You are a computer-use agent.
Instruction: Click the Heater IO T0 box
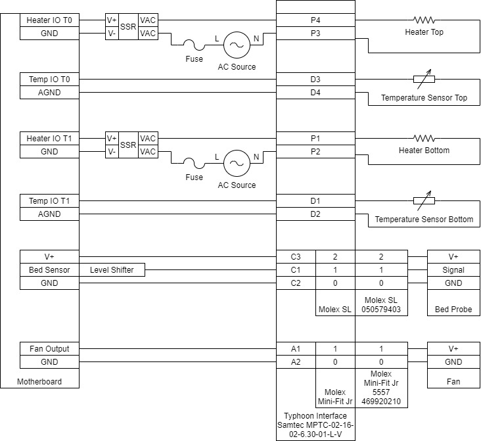49,20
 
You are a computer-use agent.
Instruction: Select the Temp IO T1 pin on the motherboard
49,200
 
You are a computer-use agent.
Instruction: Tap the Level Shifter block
112,270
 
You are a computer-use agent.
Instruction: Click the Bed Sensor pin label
49,270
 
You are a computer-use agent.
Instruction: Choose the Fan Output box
49,349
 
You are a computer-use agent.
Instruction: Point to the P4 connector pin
315,20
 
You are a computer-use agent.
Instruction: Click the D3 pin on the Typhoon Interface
315,80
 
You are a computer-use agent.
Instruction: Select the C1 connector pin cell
296,270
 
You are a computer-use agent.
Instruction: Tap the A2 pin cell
296,362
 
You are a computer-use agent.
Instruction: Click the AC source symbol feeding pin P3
235,45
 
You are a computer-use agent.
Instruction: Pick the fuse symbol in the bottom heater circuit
194,164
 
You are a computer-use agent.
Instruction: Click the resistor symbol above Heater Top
424,20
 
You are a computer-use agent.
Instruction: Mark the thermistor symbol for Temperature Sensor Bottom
424,200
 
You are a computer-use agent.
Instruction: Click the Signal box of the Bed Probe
453,270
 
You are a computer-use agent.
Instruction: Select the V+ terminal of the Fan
453,349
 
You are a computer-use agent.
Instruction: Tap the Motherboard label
40,381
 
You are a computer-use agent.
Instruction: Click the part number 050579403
381,309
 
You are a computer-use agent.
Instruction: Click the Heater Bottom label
424,151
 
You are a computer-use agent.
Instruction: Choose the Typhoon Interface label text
315,416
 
